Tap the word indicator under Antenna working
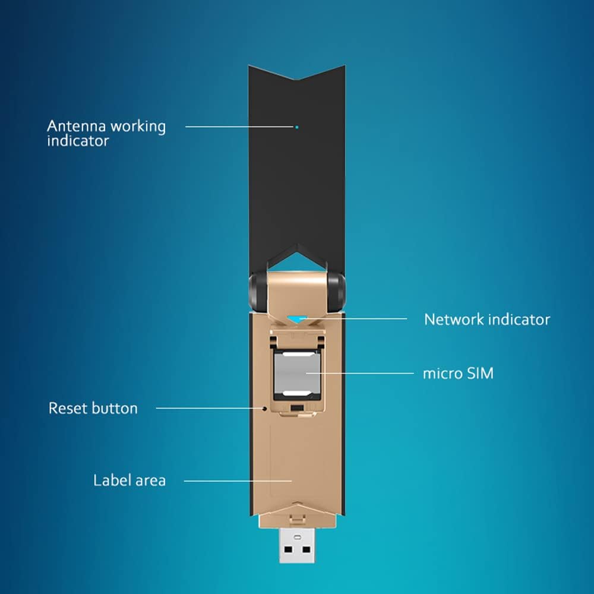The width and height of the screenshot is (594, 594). (78, 141)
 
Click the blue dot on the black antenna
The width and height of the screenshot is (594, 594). (296, 127)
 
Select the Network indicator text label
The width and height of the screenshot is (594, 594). (486, 320)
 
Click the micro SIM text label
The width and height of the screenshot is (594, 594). (457, 374)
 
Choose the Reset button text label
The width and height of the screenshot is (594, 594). (93, 409)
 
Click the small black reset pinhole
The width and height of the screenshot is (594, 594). (264, 409)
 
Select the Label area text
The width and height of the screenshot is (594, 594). (129, 480)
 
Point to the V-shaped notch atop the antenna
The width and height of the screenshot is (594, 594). (297, 82)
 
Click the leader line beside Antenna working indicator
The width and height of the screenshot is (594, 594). (238, 127)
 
